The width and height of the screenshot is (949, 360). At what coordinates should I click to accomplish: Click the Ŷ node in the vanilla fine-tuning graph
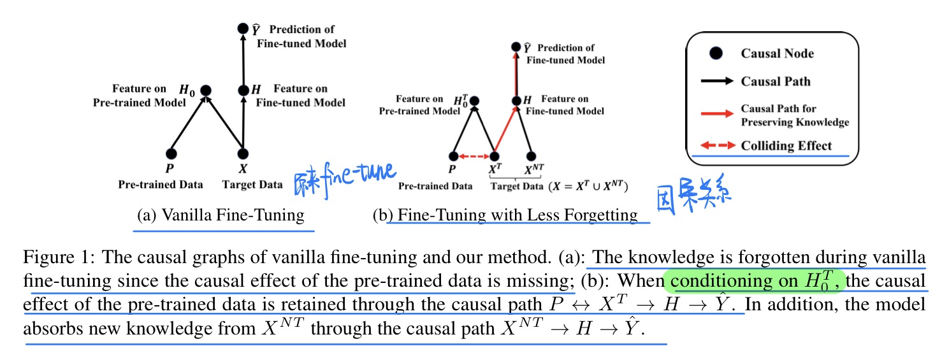tap(242, 29)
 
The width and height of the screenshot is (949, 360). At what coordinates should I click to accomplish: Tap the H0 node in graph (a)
tap(205, 91)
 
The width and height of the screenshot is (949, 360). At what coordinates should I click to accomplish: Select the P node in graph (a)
tap(170, 154)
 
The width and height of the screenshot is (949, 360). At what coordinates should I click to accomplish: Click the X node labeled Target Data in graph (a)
tap(242, 154)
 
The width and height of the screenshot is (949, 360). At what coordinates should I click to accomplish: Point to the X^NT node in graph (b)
tap(531, 156)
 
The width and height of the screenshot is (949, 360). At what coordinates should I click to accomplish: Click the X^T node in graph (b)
tap(494, 156)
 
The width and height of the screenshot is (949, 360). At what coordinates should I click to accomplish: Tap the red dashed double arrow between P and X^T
tap(473, 156)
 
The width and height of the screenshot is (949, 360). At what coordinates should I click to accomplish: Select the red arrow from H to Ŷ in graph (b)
tap(518, 73)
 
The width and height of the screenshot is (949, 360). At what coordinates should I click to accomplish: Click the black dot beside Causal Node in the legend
tap(716, 54)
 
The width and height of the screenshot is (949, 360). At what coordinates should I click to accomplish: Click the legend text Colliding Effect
tap(786, 146)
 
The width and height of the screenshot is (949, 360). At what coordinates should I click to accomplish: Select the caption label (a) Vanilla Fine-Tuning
tap(221, 215)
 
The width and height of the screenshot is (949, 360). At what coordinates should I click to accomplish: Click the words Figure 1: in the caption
tap(59, 257)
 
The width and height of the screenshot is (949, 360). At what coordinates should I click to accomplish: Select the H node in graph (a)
tap(242, 91)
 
